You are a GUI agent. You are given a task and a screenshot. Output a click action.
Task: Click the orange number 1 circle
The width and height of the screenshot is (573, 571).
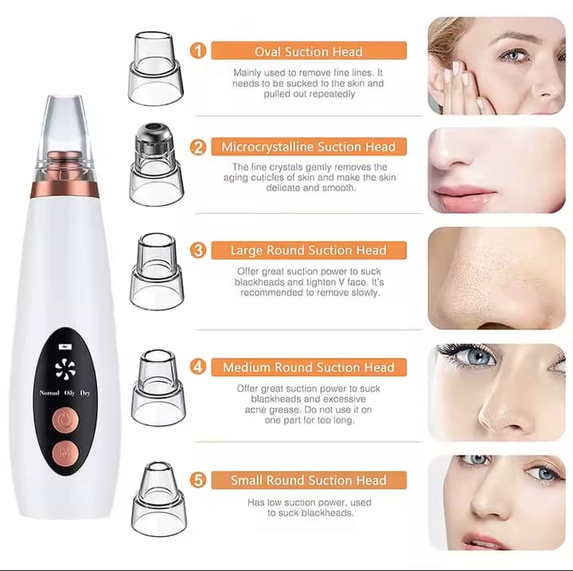pos(198,51)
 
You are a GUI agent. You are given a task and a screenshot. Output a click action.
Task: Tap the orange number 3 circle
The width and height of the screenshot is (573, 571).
pos(198,250)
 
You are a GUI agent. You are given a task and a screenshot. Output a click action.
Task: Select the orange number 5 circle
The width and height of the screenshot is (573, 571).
pos(198,480)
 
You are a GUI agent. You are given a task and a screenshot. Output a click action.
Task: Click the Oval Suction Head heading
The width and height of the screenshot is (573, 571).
pos(309,51)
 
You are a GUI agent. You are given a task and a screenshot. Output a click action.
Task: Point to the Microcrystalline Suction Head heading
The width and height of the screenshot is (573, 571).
pos(309,147)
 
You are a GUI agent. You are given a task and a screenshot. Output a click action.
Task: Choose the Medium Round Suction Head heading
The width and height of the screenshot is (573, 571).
pos(309,367)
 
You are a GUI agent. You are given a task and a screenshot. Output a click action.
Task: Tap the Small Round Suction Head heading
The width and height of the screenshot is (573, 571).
pos(309,480)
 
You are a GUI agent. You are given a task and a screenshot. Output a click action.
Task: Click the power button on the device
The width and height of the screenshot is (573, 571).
pos(65,420)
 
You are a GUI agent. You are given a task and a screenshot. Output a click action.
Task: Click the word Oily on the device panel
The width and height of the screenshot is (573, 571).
pos(69,393)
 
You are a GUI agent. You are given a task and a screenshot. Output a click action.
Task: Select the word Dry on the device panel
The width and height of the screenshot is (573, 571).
pos(85,393)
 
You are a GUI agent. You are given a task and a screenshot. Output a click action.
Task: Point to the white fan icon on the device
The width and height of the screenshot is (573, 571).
pos(65,369)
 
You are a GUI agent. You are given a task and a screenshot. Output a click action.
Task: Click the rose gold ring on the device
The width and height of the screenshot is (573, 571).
pos(64,188)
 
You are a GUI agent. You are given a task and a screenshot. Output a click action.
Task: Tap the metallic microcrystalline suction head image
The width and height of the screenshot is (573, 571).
pos(156,165)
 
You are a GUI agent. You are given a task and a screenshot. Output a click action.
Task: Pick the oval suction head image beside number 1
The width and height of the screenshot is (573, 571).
pos(155,68)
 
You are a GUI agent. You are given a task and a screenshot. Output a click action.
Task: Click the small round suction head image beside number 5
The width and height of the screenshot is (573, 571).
pos(159,499)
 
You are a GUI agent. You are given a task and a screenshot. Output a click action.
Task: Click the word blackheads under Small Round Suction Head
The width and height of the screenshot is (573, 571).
pos(329,513)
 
